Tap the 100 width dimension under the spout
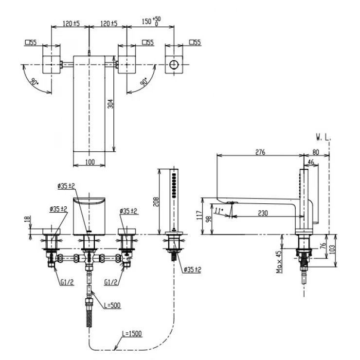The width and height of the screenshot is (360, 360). [90, 162]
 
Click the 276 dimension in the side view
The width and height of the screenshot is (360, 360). [260, 152]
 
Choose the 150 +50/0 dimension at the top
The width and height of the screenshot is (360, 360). [150, 21]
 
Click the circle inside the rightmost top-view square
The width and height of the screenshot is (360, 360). [174, 64]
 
